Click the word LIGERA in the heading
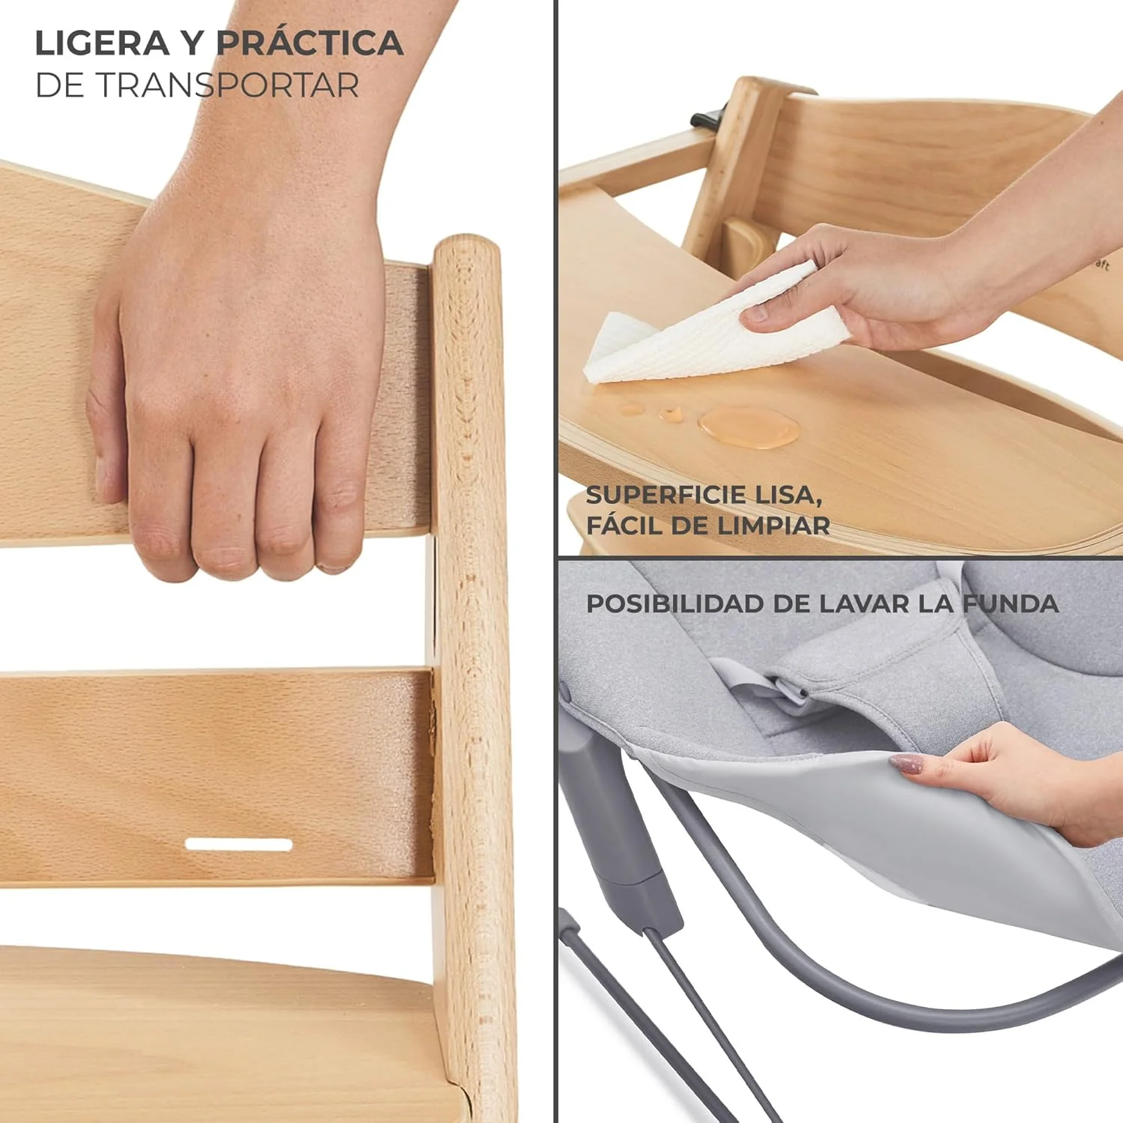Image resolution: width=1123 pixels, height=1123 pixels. [103, 43]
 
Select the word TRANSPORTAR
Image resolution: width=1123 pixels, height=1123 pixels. [228, 85]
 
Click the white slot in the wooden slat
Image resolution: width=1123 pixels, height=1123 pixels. [238, 844]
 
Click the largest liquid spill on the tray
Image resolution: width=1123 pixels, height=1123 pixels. [749, 427]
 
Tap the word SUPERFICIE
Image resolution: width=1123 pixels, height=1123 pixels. [667, 495]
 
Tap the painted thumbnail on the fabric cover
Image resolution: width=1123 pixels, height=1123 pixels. [906, 764]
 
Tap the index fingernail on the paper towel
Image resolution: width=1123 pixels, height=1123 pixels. [755, 314]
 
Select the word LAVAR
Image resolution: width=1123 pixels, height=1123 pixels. [864, 603]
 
